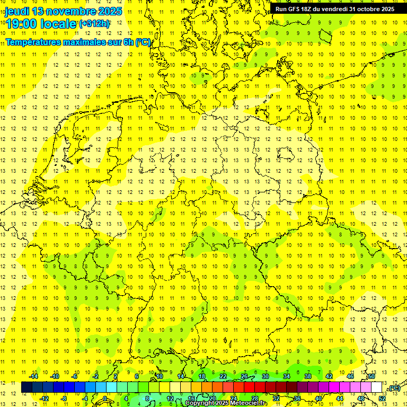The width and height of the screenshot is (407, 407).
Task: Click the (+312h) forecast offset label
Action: tap(94, 24)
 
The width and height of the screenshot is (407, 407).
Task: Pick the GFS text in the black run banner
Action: tap(295, 9)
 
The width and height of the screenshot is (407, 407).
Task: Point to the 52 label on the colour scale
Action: tap(382, 398)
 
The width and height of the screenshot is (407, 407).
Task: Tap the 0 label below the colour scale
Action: tap(105, 398)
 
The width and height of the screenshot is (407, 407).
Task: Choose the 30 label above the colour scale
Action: tap(265, 376)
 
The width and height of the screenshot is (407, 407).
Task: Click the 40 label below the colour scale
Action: tap(318, 398)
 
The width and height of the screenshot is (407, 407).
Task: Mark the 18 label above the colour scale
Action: tap(201, 376)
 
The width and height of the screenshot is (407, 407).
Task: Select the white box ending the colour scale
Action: tap(377, 387)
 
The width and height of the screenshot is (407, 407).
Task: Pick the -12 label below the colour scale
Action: tap(44, 398)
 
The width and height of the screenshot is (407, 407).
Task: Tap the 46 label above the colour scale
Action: tap(350, 376)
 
